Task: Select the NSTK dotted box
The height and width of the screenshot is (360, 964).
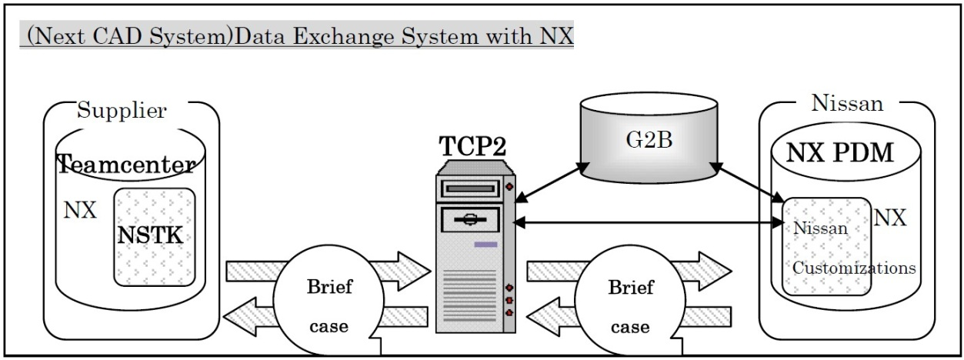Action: coord(154,235)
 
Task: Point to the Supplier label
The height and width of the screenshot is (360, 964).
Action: coord(122,111)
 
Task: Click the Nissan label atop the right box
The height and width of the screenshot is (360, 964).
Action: coord(846,102)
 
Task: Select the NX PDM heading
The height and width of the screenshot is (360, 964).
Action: coord(840,154)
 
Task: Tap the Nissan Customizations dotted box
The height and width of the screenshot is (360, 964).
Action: coord(826,246)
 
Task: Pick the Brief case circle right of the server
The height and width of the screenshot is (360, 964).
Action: coord(630,305)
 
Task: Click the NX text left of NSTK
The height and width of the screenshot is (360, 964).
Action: coord(80,211)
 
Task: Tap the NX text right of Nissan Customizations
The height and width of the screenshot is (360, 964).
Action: coord(891,218)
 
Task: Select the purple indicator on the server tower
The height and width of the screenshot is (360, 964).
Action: coord(485,245)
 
